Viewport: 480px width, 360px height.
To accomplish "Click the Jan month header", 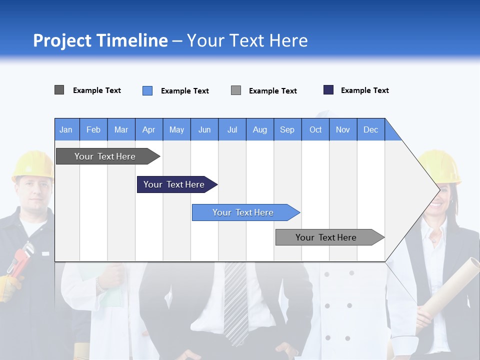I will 66,129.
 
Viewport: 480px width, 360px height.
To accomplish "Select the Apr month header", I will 148,129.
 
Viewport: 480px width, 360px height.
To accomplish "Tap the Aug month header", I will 259,129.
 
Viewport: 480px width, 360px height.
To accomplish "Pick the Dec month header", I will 370,129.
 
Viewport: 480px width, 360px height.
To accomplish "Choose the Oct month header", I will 315,129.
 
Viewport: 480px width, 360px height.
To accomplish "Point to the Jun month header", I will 204,129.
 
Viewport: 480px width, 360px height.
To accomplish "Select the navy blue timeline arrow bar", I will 175,184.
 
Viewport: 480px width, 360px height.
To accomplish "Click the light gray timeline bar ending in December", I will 328,237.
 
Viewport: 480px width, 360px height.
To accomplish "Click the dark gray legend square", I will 59,90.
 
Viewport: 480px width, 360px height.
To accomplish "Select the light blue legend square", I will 147,90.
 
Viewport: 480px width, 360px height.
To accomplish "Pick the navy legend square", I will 328,90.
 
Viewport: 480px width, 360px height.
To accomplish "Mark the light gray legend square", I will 236,90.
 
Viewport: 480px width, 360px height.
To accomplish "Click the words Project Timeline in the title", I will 100,40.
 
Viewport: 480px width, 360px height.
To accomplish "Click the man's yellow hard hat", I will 32,165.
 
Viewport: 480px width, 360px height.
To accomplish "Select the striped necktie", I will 235,300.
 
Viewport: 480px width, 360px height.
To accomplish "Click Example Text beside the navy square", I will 364,90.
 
